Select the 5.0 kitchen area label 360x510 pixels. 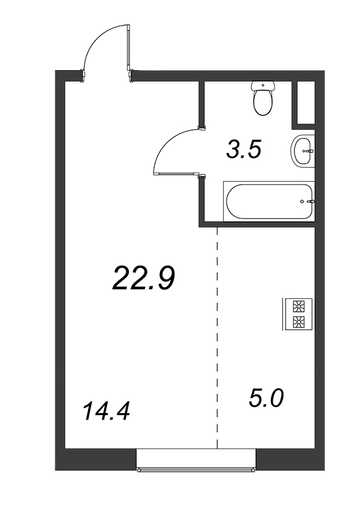(x=266, y=398)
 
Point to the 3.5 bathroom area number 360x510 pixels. (x=244, y=150)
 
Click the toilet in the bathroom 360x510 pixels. (x=263, y=99)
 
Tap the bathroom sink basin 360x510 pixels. (x=303, y=151)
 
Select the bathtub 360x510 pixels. (x=269, y=201)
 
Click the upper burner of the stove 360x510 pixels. (x=298, y=307)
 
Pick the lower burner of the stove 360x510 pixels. (x=298, y=322)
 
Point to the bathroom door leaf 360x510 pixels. (x=177, y=174)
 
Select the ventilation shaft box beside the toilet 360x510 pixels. (x=306, y=103)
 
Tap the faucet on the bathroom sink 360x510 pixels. (x=308, y=151)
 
